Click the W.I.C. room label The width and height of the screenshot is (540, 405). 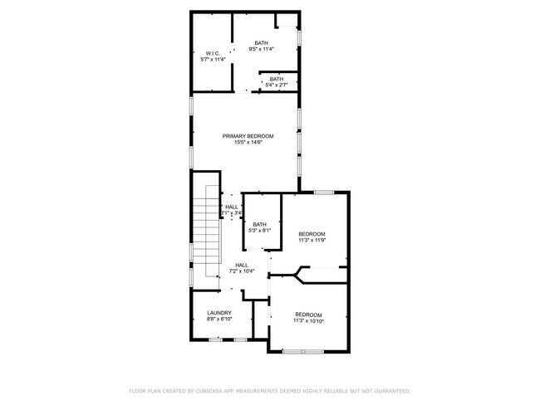pyautogui.click(x=213, y=53)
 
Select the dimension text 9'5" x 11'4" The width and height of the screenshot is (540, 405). pyautogui.click(x=262, y=49)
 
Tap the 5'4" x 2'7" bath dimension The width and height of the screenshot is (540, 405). pyautogui.click(x=276, y=85)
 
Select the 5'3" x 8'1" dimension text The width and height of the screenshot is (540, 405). pyautogui.click(x=260, y=231)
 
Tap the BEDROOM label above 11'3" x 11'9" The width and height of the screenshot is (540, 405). pyautogui.click(x=312, y=234)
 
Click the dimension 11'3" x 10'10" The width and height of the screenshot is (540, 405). pyautogui.click(x=308, y=320)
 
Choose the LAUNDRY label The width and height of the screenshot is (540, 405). pyautogui.click(x=219, y=313)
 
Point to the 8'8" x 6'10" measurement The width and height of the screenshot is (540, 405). pyautogui.click(x=219, y=320)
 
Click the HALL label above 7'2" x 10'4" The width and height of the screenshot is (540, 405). pyautogui.click(x=241, y=265)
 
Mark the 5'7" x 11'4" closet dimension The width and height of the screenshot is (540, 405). pyautogui.click(x=213, y=60)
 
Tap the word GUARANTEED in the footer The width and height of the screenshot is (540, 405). pyautogui.click(x=390, y=390)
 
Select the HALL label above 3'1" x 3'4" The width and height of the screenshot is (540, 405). pyautogui.click(x=232, y=207)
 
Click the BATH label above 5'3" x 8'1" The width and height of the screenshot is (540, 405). pyautogui.click(x=260, y=224)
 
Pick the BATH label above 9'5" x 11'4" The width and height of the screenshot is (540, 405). pyautogui.click(x=262, y=42)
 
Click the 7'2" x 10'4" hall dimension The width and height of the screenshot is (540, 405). pyautogui.click(x=241, y=271)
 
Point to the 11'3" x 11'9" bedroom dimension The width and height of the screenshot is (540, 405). pyautogui.click(x=312, y=241)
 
